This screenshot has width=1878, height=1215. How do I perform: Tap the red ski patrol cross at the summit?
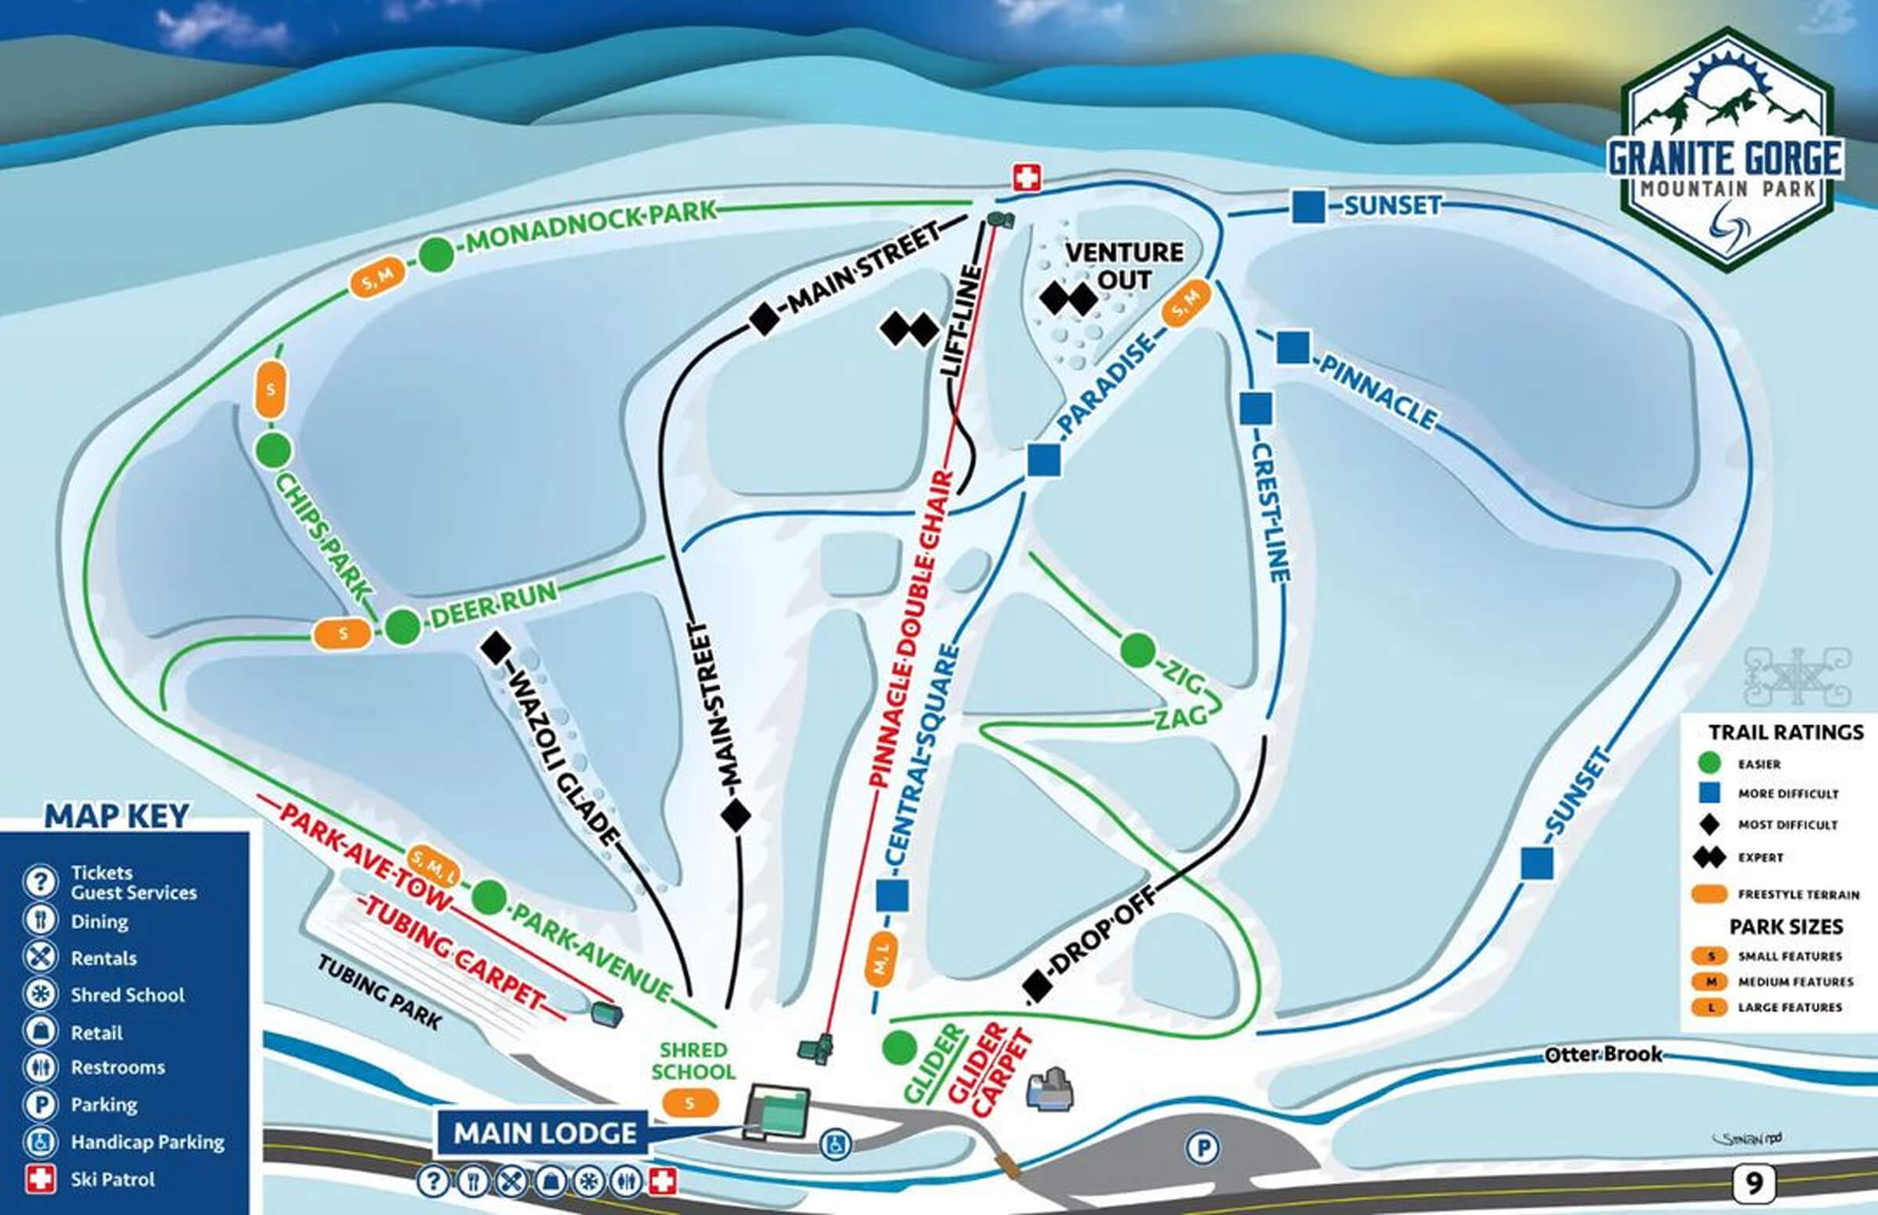pyautogui.click(x=1027, y=178)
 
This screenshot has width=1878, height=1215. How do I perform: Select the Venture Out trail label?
pyautogui.click(x=1124, y=266)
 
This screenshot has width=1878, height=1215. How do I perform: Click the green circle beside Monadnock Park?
pyautogui.click(x=436, y=255)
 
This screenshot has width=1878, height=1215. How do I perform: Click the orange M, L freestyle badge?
pyautogui.click(x=881, y=959)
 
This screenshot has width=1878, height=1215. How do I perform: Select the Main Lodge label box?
pyautogui.click(x=545, y=1134)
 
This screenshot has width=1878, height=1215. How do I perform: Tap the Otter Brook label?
pyautogui.click(x=1603, y=1055)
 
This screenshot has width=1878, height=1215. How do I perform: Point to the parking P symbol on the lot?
pyautogui.click(x=1203, y=1148)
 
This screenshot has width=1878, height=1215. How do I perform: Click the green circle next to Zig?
pyautogui.click(x=1137, y=650)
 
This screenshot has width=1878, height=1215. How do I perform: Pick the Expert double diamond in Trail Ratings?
pyautogui.click(x=1709, y=857)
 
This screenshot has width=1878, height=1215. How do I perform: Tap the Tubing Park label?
pyautogui.click(x=379, y=992)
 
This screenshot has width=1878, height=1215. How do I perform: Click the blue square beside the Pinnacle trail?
pyautogui.click(x=1293, y=347)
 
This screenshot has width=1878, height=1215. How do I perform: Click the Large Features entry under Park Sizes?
pyautogui.click(x=1790, y=1008)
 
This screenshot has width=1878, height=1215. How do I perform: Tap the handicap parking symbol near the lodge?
pyautogui.click(x=834, y=1143)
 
